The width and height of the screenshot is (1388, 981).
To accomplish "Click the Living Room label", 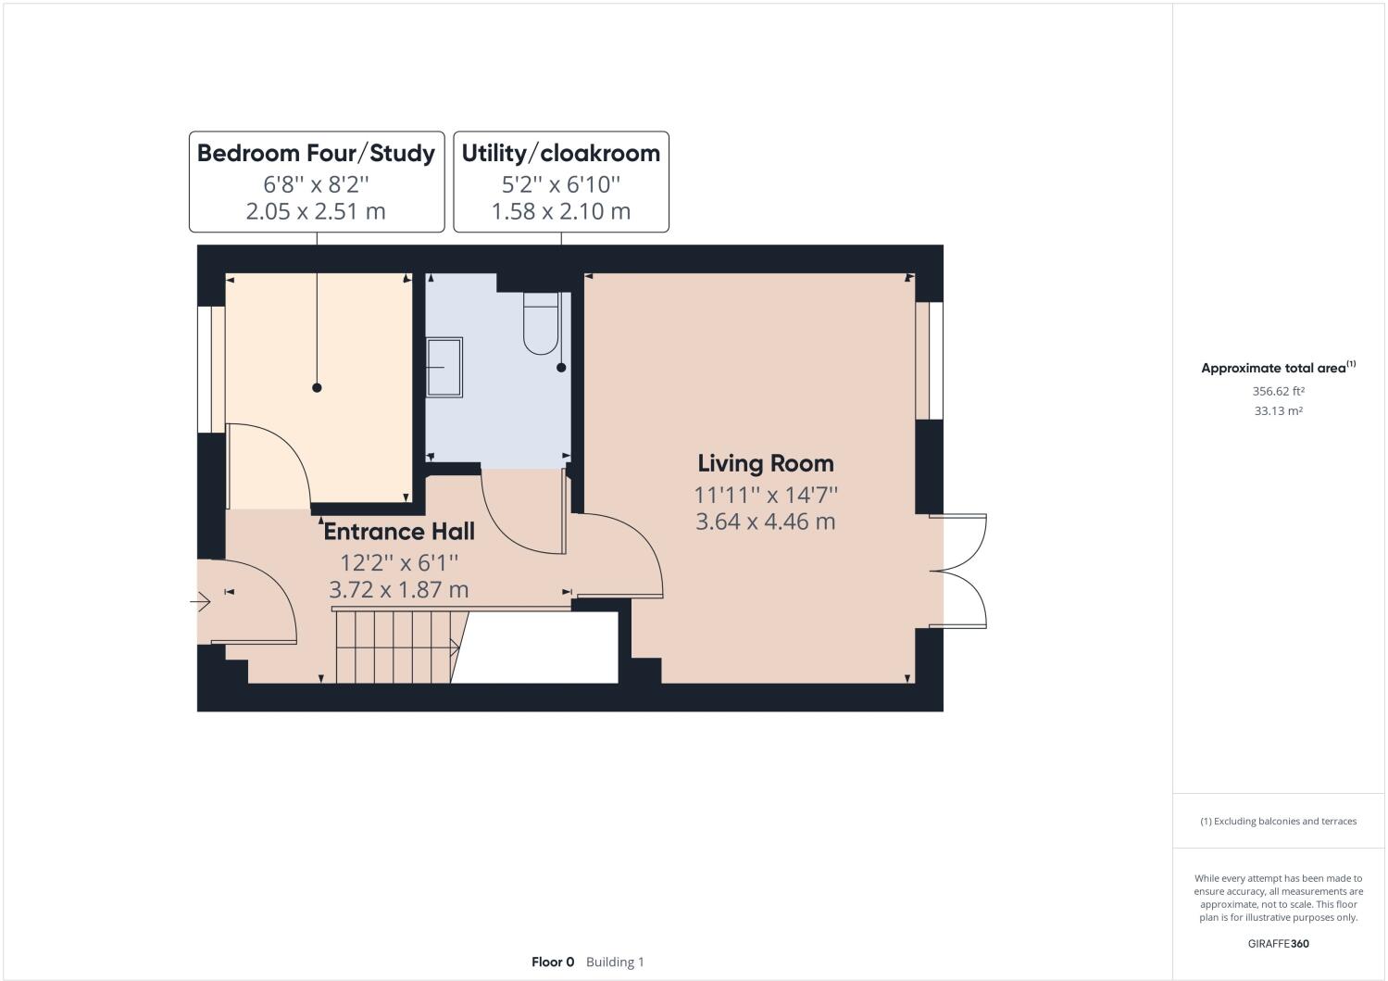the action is tap(765, 464).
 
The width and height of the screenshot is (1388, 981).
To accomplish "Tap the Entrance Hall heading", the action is tap(399, 532).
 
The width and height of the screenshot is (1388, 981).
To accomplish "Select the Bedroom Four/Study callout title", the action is tap(316, 153).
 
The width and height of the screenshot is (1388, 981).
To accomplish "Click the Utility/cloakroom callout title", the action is tap(561, 153).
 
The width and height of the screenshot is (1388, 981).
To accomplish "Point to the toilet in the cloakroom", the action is tap(541, 323).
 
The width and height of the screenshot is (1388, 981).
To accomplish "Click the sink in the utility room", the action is tap(444, 367).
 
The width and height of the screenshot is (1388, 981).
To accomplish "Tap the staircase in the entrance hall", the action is tap(396, 647).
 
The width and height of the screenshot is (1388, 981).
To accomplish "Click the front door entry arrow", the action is tap(201, 601).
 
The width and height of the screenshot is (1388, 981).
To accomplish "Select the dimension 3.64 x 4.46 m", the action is tap(765, 522).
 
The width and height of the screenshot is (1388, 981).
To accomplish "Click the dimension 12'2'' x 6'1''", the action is tap(399, 563).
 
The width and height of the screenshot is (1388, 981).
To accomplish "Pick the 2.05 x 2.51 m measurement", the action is tap(316, 211).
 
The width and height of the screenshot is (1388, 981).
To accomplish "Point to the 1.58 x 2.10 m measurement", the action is tap(561, 211).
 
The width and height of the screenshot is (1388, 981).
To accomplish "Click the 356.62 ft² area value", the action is tap(1279, 391).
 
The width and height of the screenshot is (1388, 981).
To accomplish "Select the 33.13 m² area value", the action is tap(1279, 411).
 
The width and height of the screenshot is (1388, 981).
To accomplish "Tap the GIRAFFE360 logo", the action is tap(1279, 944).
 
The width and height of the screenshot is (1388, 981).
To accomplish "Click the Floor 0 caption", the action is tap(553, 962).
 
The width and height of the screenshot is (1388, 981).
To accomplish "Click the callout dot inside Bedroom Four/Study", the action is tap(317, 387).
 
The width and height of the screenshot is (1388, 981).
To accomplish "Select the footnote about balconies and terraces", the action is tap(1279, 821).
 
